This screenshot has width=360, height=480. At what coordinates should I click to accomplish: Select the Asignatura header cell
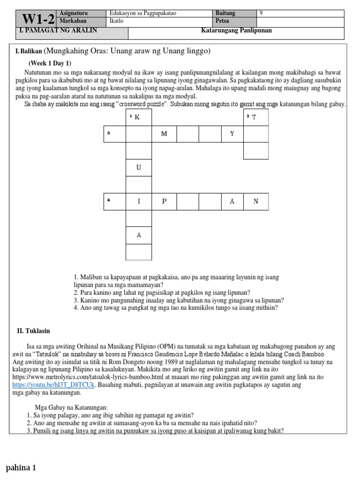pyautogui.click(x=74, y=14)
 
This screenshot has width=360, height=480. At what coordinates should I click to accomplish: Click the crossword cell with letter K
pyautogui.click(x=139, y=117)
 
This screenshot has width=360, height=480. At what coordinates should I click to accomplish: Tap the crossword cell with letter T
pyautogui.click(x=256, y=117)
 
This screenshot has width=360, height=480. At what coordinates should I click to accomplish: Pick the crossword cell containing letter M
pyautogui.click(x=164, y=134)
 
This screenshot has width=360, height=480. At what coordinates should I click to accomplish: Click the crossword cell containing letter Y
pyautogui.click(x=232, y=134)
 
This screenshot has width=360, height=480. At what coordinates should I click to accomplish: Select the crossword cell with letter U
pyautogui.click(x=139, y=167)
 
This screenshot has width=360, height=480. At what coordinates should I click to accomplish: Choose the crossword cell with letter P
pyautogui.click(x=164, y=202)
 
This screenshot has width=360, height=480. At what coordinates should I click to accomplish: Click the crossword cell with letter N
pyautogui.click(x=256, y=202)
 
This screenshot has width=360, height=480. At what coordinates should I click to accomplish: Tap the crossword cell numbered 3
pyautogui.click(x=115, y=134)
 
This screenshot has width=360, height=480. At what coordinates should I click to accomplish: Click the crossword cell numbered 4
pyautogui.click(x=115, y=202)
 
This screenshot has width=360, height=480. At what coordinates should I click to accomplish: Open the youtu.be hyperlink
pyautogui.click(x=54, y=385)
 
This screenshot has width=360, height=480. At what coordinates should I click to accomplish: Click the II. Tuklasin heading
pyautogui.click(x=34, y=331)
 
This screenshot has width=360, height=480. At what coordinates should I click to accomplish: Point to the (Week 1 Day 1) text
pyautogui.click(x=50, y=63)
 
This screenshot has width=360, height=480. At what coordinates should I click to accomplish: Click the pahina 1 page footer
pyautogui.click(x=21, y=467)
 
